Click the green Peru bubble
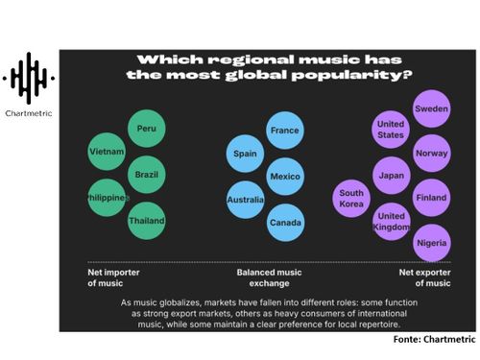pyautogui.click(x=147, y=129)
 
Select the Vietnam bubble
pyautogui.click(x=107, y=152)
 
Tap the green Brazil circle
pyautogui.click(x=147, y=175)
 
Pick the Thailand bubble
pyautogui.click(x=147, y=221)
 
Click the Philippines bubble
pyautogui.click(x=107, y=198)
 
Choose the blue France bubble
pyautogui.click(x=285, y=131)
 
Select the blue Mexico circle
pyautogui.click(x=285, y=177)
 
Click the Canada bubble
pyautogui.click(x=285, y=223)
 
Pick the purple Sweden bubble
pyautogui.click(x=431, y=109)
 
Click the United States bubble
pyautogui.click(x=391, y=130)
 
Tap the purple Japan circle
pyautogui.click(x=391, y=175)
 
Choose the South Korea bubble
pyautogui.click(x=351, y=199)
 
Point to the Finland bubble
pyautogui.click(x=431, y=198)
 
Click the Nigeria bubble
pyautogui.click(x=431, y=242)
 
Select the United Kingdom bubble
pyautogui.click(x=391, y=221)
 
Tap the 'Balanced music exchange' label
pyautogui.click(x=264, y=278)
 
